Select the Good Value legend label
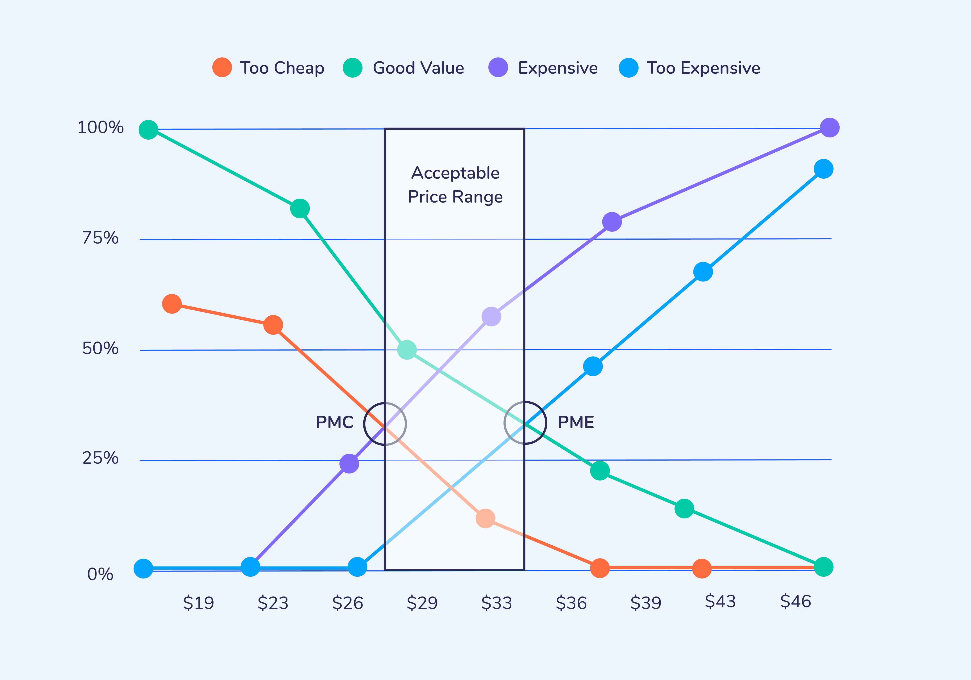click(418, 68)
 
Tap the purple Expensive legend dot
click(498, 68)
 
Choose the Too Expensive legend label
click(703, 68)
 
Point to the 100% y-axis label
click(101, 127)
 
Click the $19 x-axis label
click(198, 603)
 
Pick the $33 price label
click(496, 603)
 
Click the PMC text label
click(335, 422)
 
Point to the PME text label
click(576, 422)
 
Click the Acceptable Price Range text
click(455, 185)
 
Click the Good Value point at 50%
click(407, 350)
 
